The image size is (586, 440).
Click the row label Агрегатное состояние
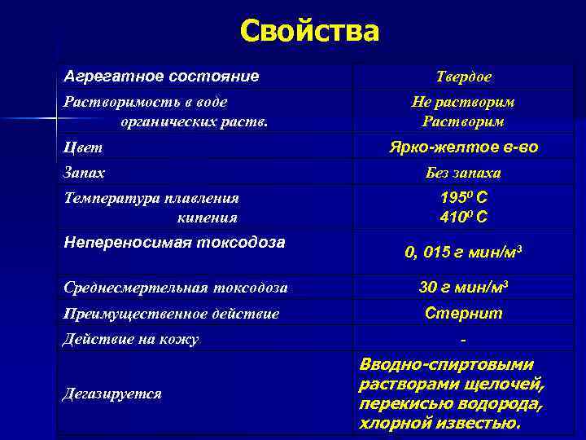point(161,77)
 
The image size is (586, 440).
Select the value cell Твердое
point(463,77)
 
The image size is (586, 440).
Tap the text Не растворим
point(463,103)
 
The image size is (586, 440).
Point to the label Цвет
point(83,147)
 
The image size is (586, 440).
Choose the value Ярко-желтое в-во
point(463,147)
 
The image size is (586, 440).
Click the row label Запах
point(85,173)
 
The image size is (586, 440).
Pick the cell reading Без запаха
point(463,173)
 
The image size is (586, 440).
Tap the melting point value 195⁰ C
point(463,198)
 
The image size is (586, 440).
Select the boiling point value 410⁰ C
point(463,218)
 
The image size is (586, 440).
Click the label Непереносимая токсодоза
point(174,242)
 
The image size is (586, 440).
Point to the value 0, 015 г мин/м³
point(463,253)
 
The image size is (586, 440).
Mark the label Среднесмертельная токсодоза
point(175,288)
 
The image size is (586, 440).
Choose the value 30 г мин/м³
point(463,288)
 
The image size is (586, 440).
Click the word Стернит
point(463,313)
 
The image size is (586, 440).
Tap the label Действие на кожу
point(131,338)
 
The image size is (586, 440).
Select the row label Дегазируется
point(112,394)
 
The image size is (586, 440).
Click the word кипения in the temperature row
point(207,218)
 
